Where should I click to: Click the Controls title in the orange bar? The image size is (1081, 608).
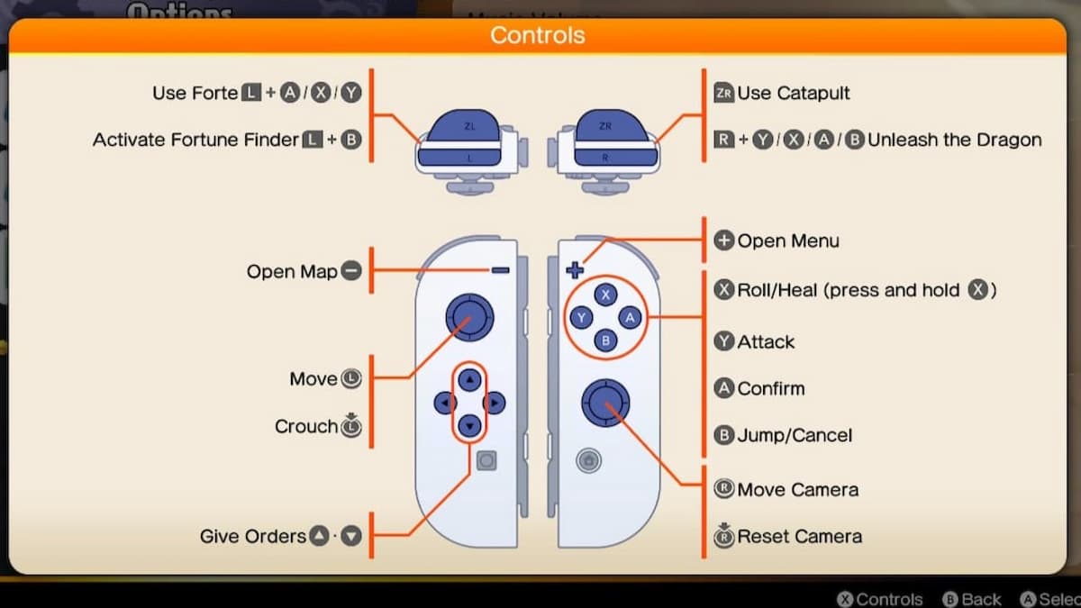(x=537, y=36)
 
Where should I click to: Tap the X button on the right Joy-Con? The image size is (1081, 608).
(x=606, y=295)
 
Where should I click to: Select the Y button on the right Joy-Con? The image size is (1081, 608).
(x=582, y=317)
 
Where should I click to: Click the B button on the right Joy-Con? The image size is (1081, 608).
(x=606, y=340)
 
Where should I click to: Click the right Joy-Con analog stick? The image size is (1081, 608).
(x=605, y=402)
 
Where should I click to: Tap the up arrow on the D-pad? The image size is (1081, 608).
(x=468, y=380)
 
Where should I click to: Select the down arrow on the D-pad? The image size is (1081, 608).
(x=468, y=425)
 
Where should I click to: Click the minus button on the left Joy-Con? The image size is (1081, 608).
(x=501, y=270)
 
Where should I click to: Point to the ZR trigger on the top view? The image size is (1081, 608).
(x=604, y=129)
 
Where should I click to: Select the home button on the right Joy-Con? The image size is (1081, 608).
(x=587, y=460)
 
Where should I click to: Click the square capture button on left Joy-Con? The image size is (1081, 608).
(x=486, y=460)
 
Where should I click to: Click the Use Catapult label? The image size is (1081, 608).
(x=793, y=93)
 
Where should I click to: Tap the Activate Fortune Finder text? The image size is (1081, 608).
(x=195, y=140)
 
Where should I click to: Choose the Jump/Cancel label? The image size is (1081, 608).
(x=794, y=435)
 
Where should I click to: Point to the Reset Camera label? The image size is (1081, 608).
(x=799, y=536)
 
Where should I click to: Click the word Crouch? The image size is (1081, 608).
(x=306, y=426)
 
